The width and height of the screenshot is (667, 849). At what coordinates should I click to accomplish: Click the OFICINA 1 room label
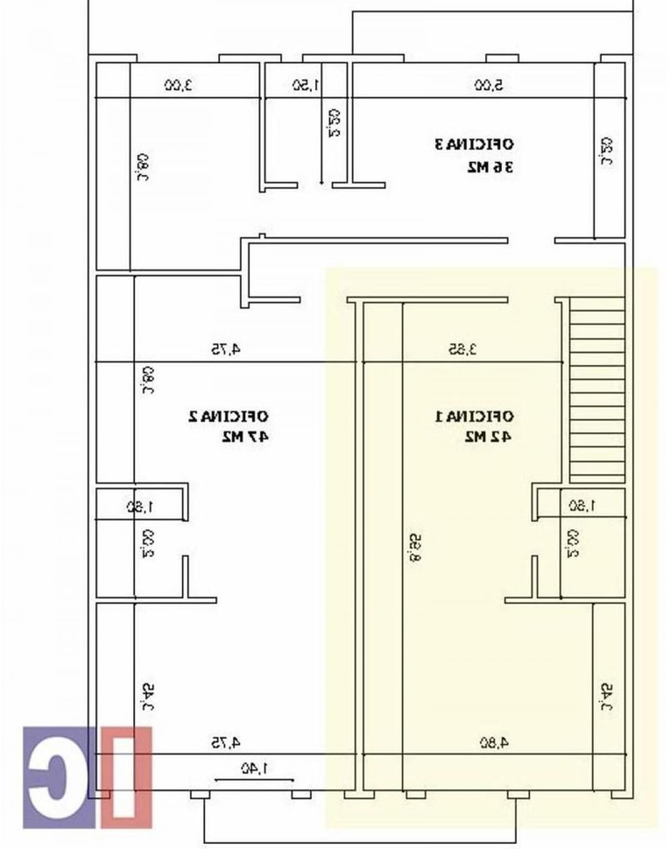(x=474, y=416)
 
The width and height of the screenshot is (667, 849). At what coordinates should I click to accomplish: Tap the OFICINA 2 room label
(x=228, y=416)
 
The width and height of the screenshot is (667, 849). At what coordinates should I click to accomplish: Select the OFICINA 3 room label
(x=474, y=144)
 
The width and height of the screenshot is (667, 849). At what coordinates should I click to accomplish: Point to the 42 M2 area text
(x=488, y=437)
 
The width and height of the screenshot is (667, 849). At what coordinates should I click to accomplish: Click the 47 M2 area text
(x=245, y=437)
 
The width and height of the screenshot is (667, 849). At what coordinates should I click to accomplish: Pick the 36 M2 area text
(x=490, y=167)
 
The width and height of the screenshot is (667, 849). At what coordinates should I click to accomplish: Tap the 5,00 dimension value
(x=489, y=85)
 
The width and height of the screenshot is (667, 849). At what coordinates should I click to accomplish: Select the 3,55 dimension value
(x=463, y=349)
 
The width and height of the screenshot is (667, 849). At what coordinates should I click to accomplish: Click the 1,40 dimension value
(x=254, y=768)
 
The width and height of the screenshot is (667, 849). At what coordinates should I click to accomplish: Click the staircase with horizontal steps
(x=597, y=389)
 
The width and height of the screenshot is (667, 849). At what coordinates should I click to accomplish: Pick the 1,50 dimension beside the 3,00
(x=306, y=85)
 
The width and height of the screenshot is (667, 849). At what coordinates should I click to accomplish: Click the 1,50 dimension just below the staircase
(x=581, y=506)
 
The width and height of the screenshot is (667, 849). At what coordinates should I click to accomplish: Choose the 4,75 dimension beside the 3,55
(x=225, y=349)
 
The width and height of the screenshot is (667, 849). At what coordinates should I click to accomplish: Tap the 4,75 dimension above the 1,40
(x=225, y=742)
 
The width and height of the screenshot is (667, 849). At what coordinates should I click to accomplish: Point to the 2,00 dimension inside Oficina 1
(x=573, y=543)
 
